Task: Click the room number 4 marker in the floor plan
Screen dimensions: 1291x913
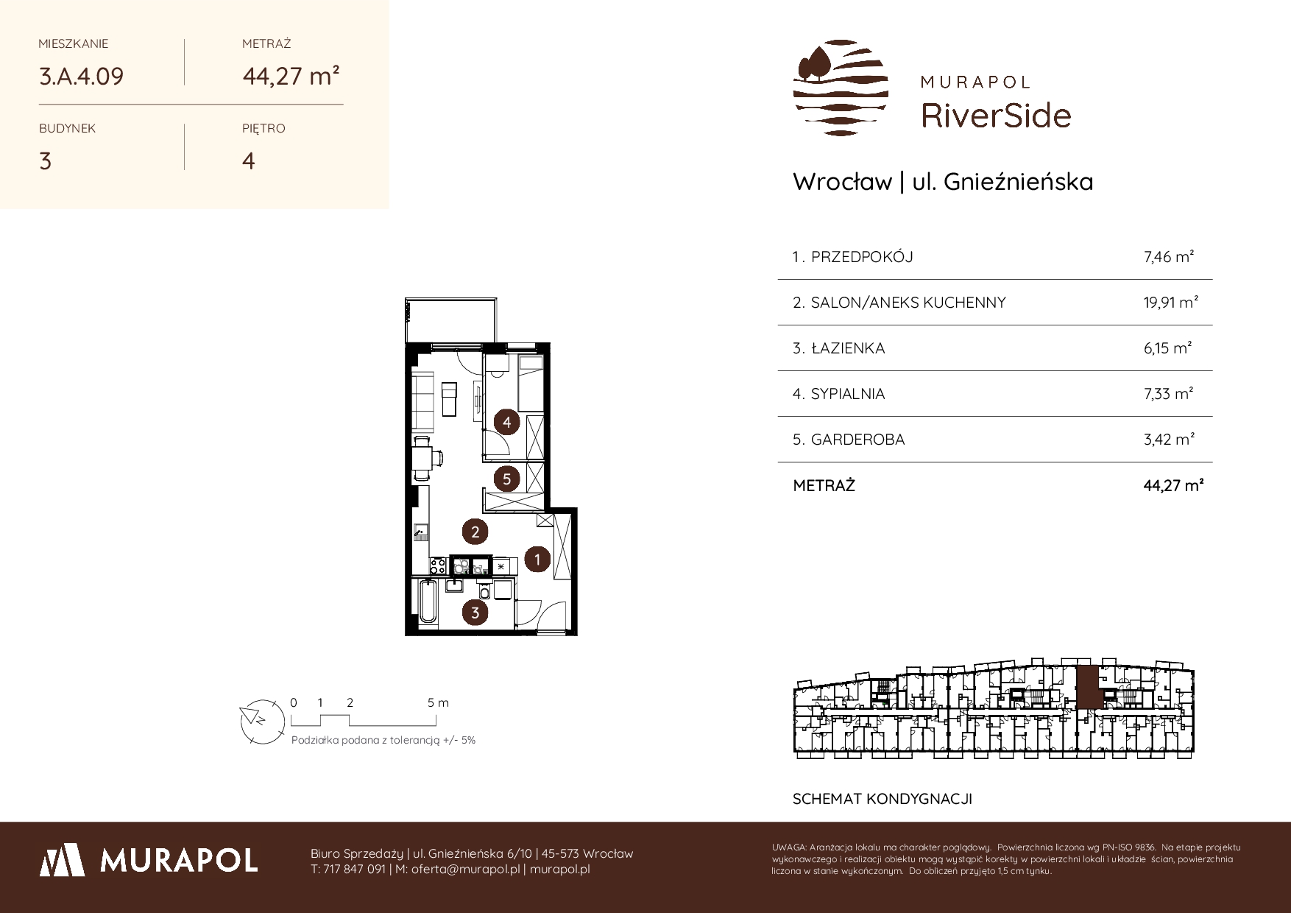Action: [507, 423]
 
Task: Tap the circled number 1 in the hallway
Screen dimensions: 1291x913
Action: [537, 559]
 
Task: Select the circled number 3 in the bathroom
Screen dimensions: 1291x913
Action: [475, 613]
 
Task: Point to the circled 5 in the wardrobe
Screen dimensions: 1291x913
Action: [507, 479]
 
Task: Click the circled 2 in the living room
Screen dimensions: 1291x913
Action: [475, 532]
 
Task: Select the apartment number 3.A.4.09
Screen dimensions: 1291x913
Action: [81, 77]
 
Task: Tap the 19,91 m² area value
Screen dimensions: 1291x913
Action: [1171, 302]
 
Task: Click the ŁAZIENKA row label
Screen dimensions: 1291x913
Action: [848, 348]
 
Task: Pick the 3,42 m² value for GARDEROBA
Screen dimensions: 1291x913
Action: [1169, 440]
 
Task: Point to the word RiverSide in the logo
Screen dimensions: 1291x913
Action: [996, 116]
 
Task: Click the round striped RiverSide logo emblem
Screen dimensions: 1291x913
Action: [841, 88]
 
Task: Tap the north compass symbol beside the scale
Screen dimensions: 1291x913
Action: [261, 720]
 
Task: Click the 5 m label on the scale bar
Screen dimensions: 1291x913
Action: [438, 702]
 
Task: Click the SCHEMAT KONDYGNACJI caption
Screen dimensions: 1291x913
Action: [883, 799]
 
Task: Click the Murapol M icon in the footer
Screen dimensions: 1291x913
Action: [62, 859]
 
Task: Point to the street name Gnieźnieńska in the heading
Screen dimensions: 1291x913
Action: [1018, 182]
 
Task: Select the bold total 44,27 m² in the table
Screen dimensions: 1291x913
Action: [1173, 486]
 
